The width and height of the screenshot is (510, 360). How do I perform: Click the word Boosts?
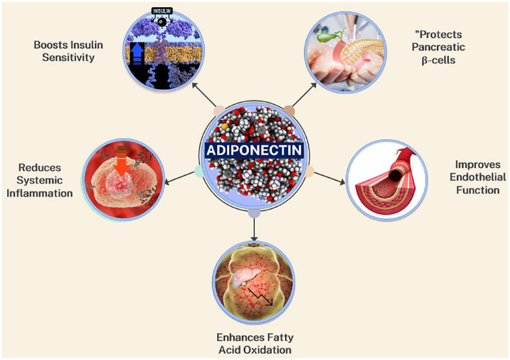pyautogui.click(x=50, y=46)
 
